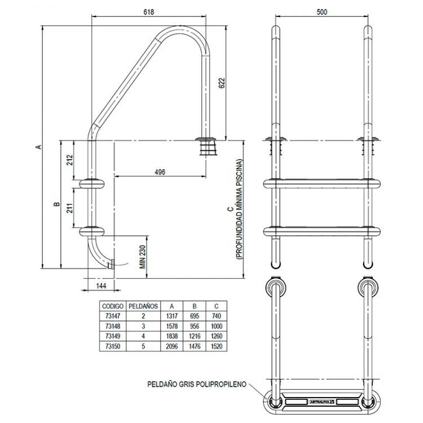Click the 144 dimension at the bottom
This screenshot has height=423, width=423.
[x=101, y=286]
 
